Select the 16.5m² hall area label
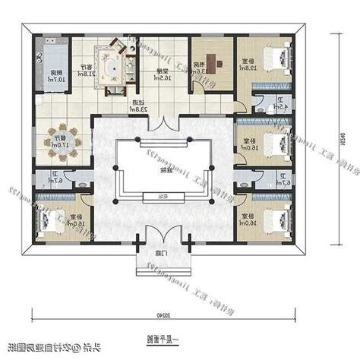162,74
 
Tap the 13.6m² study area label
197,68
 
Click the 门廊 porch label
161,253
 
